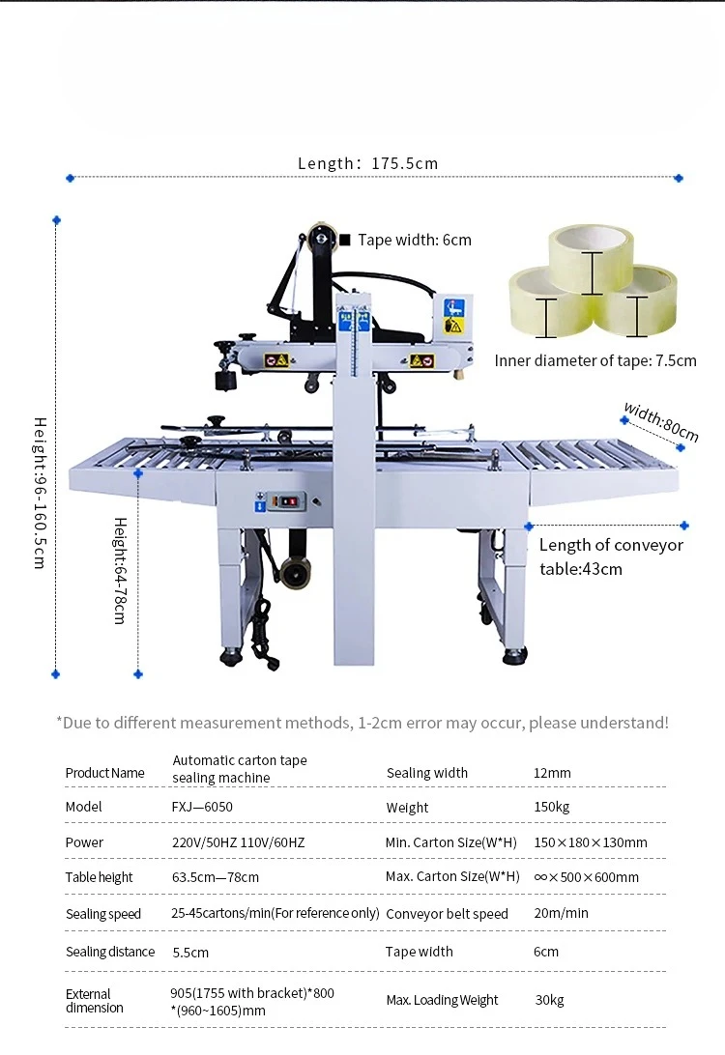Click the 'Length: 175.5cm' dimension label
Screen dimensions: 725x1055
coord(367,163)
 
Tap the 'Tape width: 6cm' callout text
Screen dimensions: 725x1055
coord(415,241)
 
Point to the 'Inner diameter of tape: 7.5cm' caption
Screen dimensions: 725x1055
coord(595,360)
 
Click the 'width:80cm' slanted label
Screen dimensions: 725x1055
coord(661,421)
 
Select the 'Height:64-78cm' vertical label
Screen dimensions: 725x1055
coord(120,571)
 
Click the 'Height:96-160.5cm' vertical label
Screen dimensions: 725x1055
coord(40,493)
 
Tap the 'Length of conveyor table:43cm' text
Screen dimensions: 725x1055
coord(611,557)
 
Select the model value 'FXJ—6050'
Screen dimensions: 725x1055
coord(202,807)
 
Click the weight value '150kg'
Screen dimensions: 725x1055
coord(551,807)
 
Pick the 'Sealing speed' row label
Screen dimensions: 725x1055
coord(103,914)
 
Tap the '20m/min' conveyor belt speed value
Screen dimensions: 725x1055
coord(561,913)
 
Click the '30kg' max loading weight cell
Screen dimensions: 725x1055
coord(549,1000)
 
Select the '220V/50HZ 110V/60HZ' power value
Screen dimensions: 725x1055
coord(239,842)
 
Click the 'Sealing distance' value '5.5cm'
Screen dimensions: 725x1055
coord(190,952)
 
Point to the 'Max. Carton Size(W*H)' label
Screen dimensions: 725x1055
coord(452,876)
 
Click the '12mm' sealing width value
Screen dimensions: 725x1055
coord(552,773)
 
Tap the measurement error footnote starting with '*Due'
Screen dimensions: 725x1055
coord(362,723)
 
